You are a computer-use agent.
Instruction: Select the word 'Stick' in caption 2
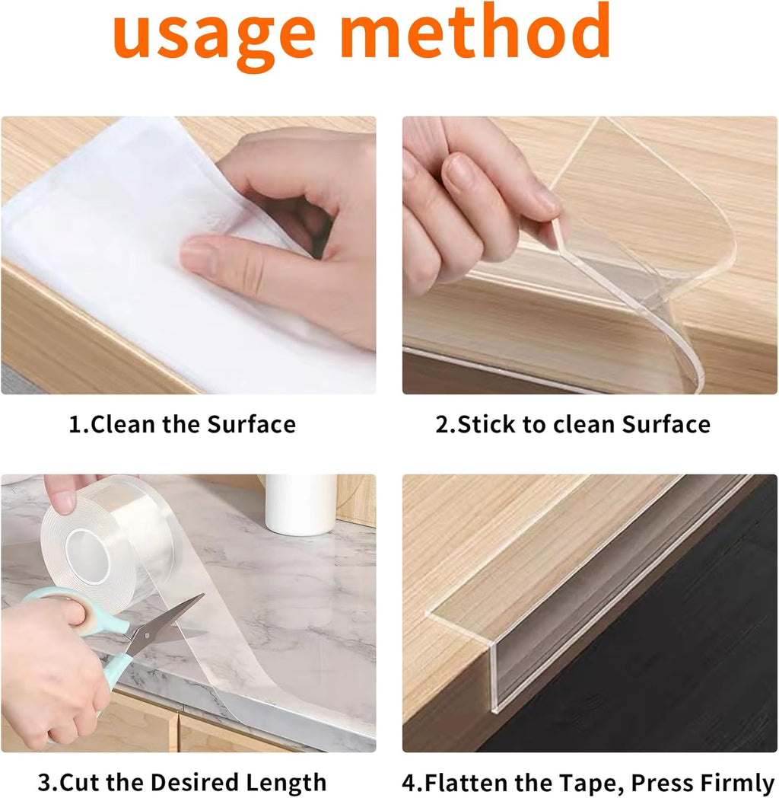pos(486,424)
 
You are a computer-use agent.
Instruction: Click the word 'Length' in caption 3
pos(286,782)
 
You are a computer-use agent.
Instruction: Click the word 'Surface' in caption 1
pos(251,424)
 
